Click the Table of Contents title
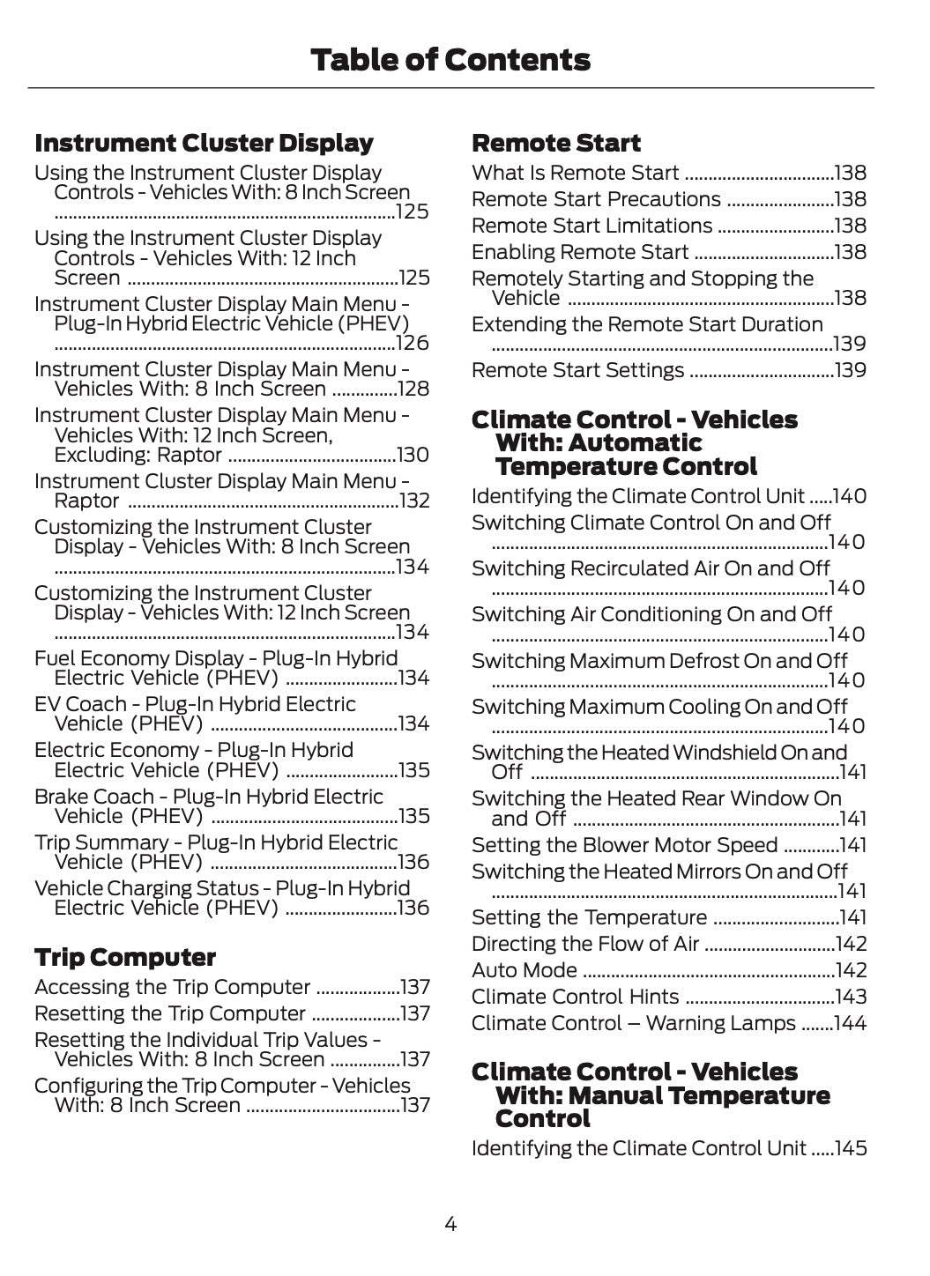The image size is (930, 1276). pyautogui.click(x=450, y=60)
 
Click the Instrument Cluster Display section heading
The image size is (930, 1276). pyautogui.click(x=204, y=143)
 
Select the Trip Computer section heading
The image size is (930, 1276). pyautogui.click(x=124, y=957)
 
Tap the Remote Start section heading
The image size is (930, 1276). pyautogui.click(x=556, y=143)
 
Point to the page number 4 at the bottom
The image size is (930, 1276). pyautogui.click(x=450, y=1224)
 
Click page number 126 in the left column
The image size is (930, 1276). pyautogui.click(x=413, y=344)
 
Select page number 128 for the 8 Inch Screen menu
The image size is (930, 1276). pyautogui.click(x=414, y=389)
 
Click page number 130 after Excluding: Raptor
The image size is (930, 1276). pyautogui.click(x=413, y=456)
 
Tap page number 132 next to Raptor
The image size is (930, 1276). pyautogui.click(x=414, y=501)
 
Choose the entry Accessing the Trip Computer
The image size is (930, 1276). pyautogui.click(x=173, y=988)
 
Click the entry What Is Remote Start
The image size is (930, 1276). pyautogui.click(x=576, y=174)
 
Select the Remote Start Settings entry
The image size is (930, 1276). pyautogui.click(x=578, y=370)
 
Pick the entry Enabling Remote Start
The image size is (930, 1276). pyautogui.click(x=580, y=253)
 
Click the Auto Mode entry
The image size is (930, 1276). pyautogui.click(x=525, y=971)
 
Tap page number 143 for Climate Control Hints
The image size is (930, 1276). pyautogui.click(x=851, y=998)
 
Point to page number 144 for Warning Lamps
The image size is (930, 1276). pyautogui.click(x=851, y=1024)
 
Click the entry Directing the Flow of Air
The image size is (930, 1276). pyautogui.click(x=585, y=945)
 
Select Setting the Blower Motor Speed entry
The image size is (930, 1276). pyautogui.click(x=625, y=846)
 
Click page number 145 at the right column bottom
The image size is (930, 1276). pyautogui.click(x=851, y=1149)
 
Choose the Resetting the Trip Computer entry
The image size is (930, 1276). pyautogui.click(x=170, y=1014)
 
